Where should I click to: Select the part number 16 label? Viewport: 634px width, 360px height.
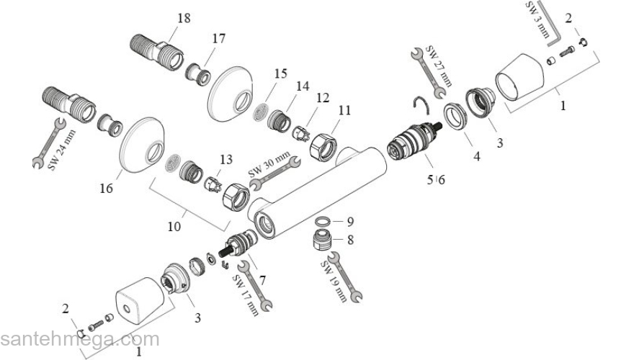[x=107, y=189]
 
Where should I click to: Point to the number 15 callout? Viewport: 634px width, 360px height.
[x=280, y=73]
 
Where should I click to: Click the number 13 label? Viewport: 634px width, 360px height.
[x=226, y=159]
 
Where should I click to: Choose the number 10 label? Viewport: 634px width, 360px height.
[x=174, y=226]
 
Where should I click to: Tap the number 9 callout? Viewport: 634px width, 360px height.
[x=350, y=222]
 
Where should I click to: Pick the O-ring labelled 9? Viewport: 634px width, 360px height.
[x=325, y=222]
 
